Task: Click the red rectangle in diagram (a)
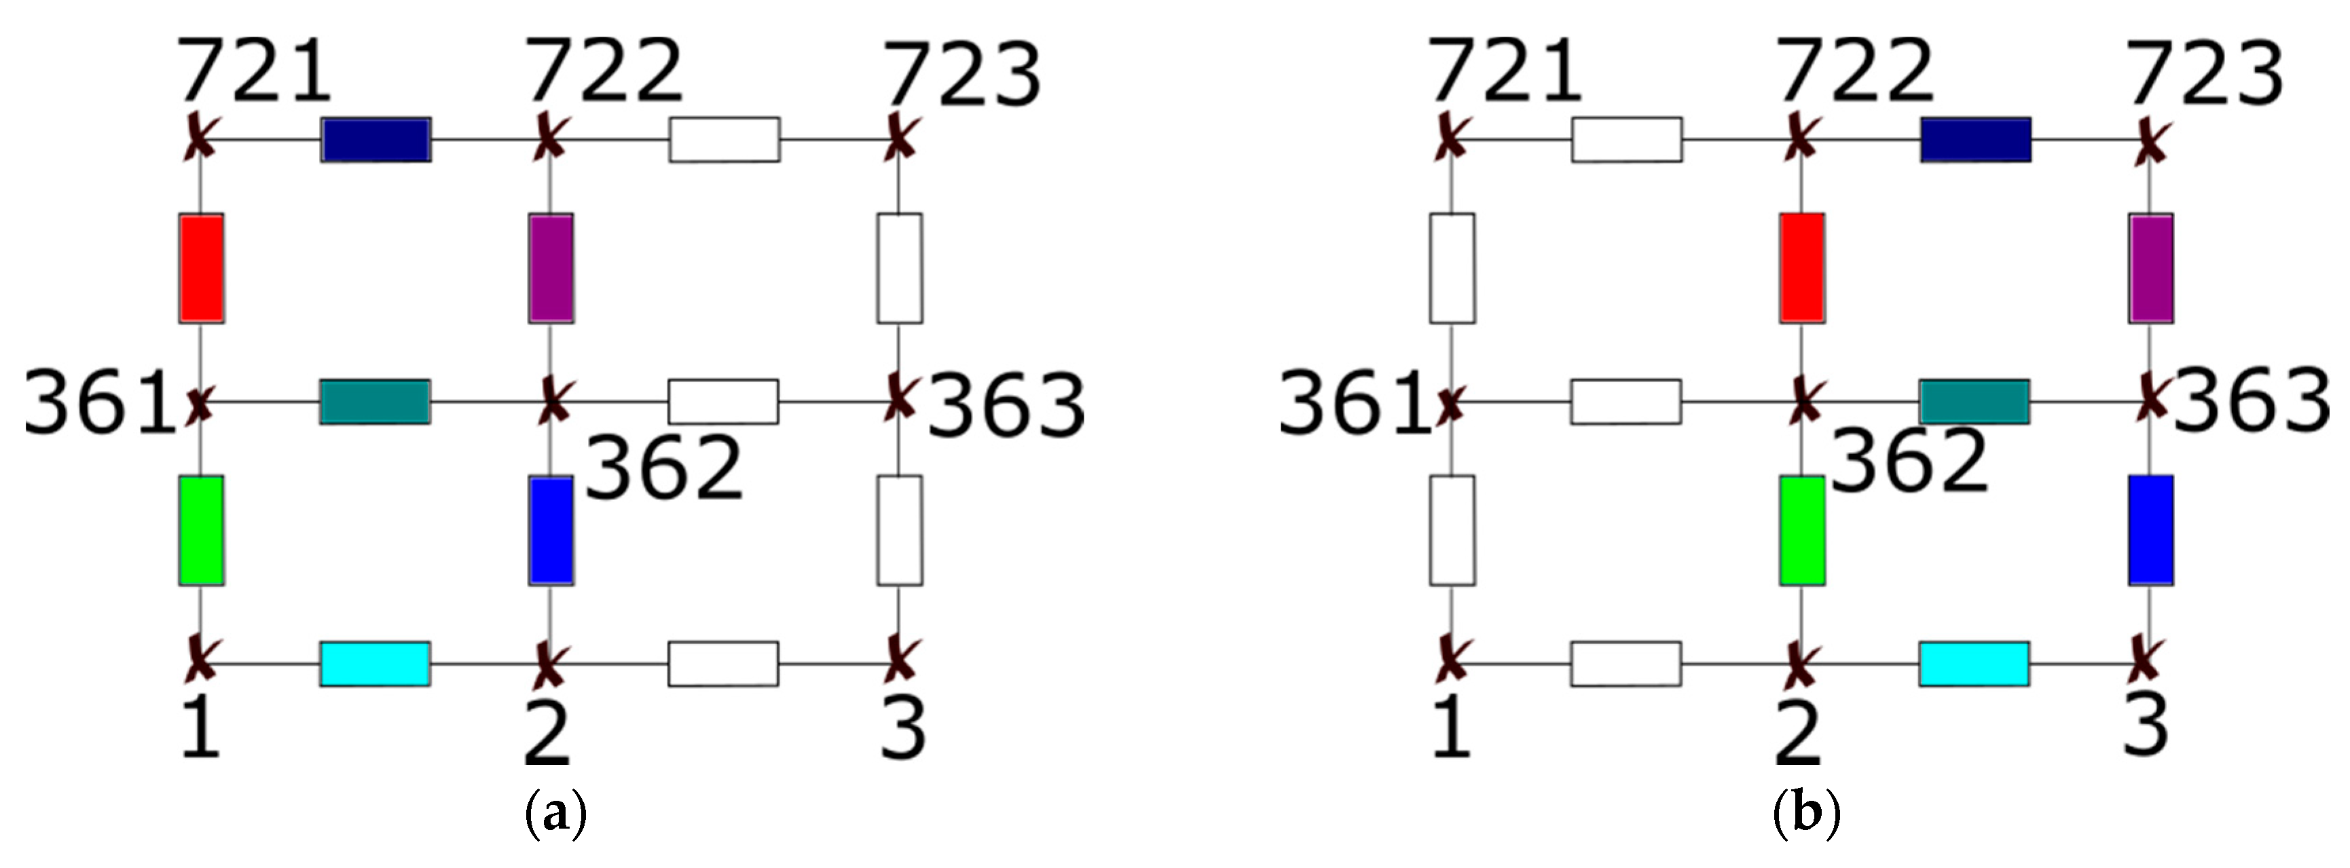(x=201, y=268)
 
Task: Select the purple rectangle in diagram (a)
(x=551, y=268)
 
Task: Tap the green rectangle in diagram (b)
(x=1802, y=530)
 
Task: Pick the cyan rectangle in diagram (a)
(x=375, y=664)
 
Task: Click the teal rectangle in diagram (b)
(x=1974, y=402)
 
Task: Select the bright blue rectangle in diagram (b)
(x=2150, y=530)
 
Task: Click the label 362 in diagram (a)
(x=663, y=468)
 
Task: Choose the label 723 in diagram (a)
(x=961, y=75)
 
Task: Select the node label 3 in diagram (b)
(x=2146, y=725)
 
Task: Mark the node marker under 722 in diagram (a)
(x=547, y=138)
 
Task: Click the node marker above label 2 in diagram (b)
(x=1799, y=664)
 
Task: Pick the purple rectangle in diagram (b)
(x=2150, y=268)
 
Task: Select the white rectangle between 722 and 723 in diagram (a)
(x=724, y=140)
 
